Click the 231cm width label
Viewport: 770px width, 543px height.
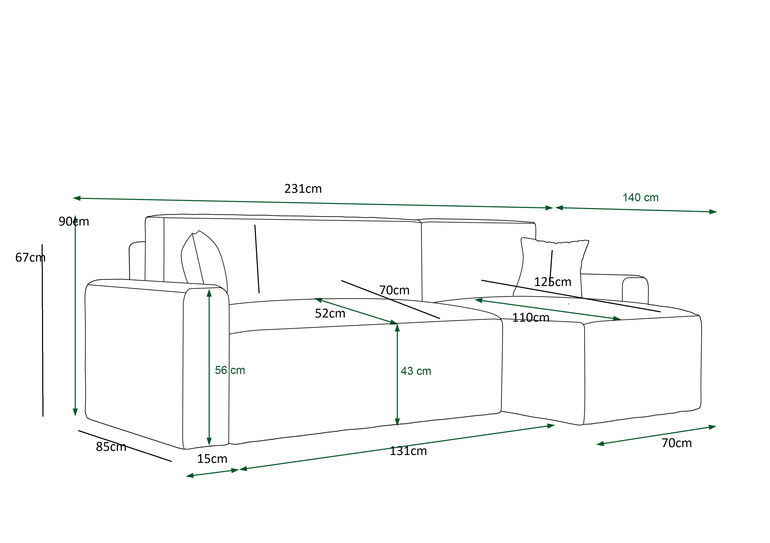click(303, 189)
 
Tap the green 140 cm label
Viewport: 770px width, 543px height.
click(641, 198)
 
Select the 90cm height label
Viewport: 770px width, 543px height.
click(74, 222)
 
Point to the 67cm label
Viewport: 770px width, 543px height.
click(30, 257)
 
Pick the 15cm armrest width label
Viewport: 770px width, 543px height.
click(212, 459)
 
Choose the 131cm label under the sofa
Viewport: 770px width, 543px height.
click(408, 451)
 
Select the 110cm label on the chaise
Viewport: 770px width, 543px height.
click(531, 317)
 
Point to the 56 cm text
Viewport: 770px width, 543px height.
click(230, 370)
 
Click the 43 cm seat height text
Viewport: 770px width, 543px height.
click(416, 371)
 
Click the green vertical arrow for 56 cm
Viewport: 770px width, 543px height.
click(209, 367)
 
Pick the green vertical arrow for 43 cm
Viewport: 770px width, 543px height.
click(397, 374)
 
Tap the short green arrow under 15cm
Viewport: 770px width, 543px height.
click(212, 473)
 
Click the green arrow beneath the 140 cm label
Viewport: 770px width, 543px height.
click(636, 210)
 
